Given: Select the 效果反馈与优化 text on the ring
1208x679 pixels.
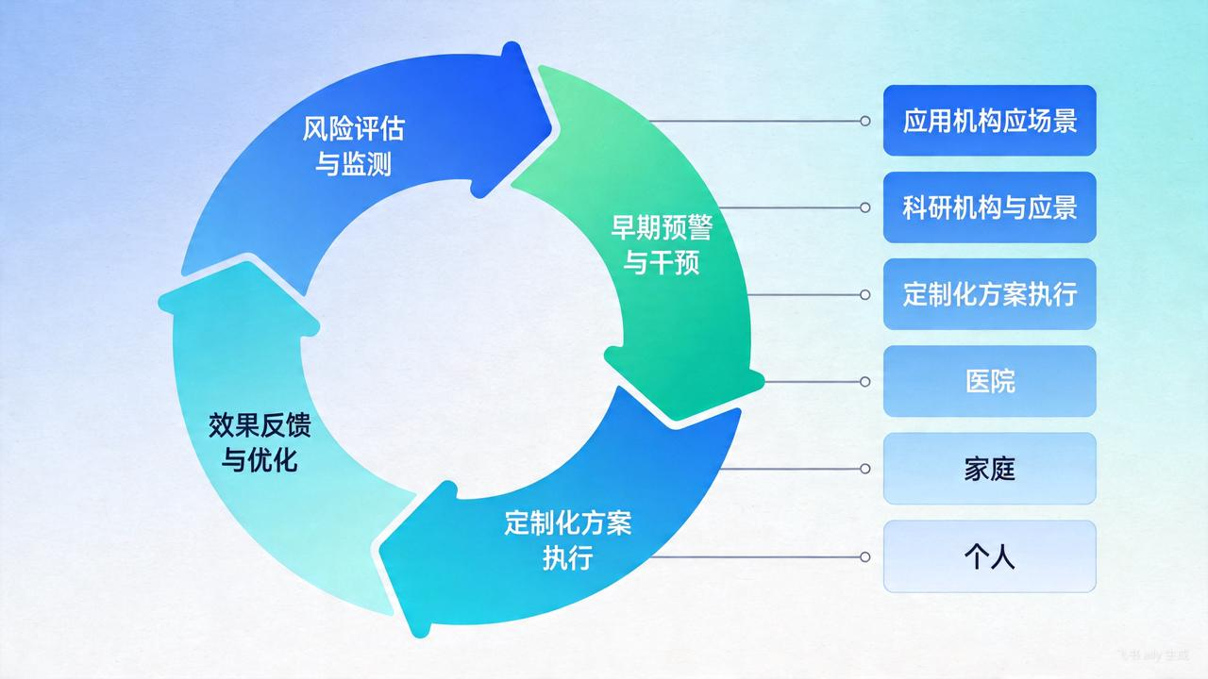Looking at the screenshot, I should tap(260, 442).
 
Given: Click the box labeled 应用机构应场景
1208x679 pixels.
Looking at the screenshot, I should tap(989, 121).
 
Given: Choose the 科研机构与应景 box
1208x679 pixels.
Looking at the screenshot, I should tap(989, 207).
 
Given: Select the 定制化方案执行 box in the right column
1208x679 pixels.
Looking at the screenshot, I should tap(989, 294).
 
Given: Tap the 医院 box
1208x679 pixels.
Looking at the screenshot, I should tap(989, 381).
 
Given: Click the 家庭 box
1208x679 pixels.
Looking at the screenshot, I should tap(989, 469).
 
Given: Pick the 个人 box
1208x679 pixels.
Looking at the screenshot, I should tap(989, 556).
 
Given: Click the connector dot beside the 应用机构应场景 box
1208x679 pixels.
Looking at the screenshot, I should tap(864, 121).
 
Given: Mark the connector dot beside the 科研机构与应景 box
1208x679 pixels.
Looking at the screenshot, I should tap(864, 207).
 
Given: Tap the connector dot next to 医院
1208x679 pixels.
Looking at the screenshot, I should tap(864, 381).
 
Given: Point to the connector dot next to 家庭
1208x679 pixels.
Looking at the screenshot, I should tap(864, 469).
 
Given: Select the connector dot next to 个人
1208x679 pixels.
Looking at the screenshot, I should tap(864, 556).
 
